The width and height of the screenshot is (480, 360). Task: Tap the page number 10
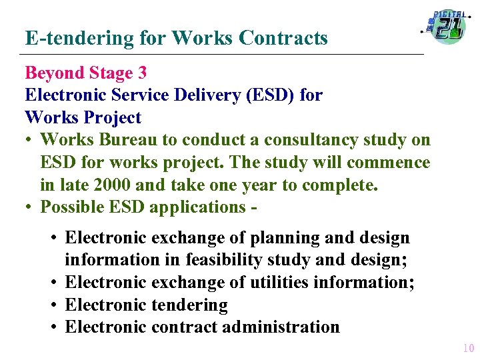pyautogui.click(x=468, y=347)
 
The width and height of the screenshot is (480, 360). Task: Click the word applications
pyautogui.click(x=198, y=207)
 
